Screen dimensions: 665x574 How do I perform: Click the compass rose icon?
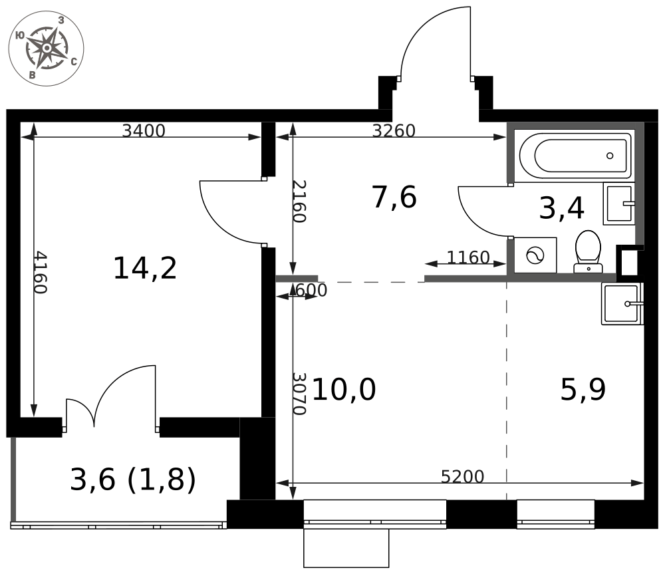click(47, 49)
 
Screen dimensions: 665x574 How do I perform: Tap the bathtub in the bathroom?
click(575, 156)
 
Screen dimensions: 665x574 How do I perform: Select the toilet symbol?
click(588, 251)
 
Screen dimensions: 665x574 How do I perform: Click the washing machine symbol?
click(535, 255)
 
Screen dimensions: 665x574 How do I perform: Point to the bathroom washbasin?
click(618, 204)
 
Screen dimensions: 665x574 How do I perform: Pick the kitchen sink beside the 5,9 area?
click(622, 304)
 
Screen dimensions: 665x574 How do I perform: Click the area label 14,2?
click(145, 268)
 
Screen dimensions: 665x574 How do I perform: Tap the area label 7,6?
click(394, 198)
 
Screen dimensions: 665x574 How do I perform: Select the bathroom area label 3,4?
click(561, 208)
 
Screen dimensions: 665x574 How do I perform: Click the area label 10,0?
click(344, 390)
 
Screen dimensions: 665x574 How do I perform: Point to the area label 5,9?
click(583, 390)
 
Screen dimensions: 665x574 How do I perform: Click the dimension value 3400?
click(144, 130)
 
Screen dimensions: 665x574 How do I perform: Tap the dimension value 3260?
click(394, 130)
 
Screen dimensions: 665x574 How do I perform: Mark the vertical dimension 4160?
click(41, 272)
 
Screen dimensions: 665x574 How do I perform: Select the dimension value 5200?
click(462, 477)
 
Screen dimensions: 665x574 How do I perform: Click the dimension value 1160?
click(468, 257)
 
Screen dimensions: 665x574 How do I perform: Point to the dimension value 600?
click(311, 291)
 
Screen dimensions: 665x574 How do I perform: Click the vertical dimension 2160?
click(299, 202)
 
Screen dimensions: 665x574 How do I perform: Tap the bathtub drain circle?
click(610, 156)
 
